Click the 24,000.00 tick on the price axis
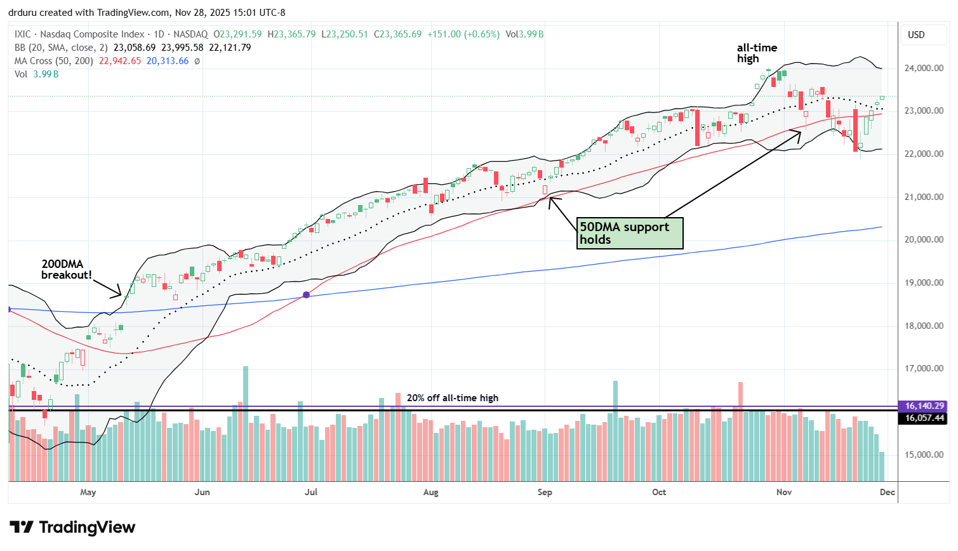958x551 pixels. (x=924, y=68)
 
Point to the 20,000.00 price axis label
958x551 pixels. (x=924, y=240)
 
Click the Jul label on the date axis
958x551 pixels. (x=311, y=492)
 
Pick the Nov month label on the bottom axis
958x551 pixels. (x=784, y=492)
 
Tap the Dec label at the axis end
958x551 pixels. (x=887, y=492)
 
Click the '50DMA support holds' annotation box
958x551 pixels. (x=629, y=233)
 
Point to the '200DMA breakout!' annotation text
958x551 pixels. (x=67, y=269)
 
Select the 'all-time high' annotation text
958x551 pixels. (x=757, y=53)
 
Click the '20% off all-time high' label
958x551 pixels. (x=452, y=398)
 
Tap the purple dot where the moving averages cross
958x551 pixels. (x=307, y=295)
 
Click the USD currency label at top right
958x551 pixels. (x=916, y=35)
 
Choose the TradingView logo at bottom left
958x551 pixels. (x=73, y=528)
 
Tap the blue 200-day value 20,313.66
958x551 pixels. (x=168, y=61)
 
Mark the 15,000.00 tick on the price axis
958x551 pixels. (x=924, y=455)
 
